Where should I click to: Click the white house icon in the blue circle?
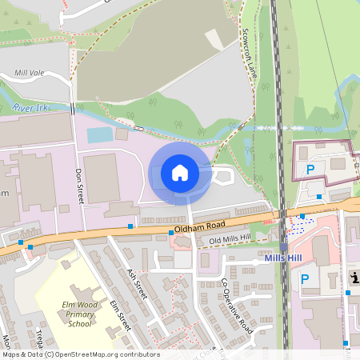click(x=180, y=173)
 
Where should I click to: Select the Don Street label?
click(x=79, y=185)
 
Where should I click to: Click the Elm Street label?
click(x=120, y=315)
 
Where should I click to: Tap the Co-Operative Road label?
click(x=237, y=307)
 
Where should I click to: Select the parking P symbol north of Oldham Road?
click(x=310, y=170)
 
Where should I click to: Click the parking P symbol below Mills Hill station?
click(x=304, y=279)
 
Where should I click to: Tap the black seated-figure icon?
click(x=353, y=278)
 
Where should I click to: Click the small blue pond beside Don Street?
click(x=100, y=134)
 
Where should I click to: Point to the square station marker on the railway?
click(x=283, y=248)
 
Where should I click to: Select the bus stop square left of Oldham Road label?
click(x=130, y=226)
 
